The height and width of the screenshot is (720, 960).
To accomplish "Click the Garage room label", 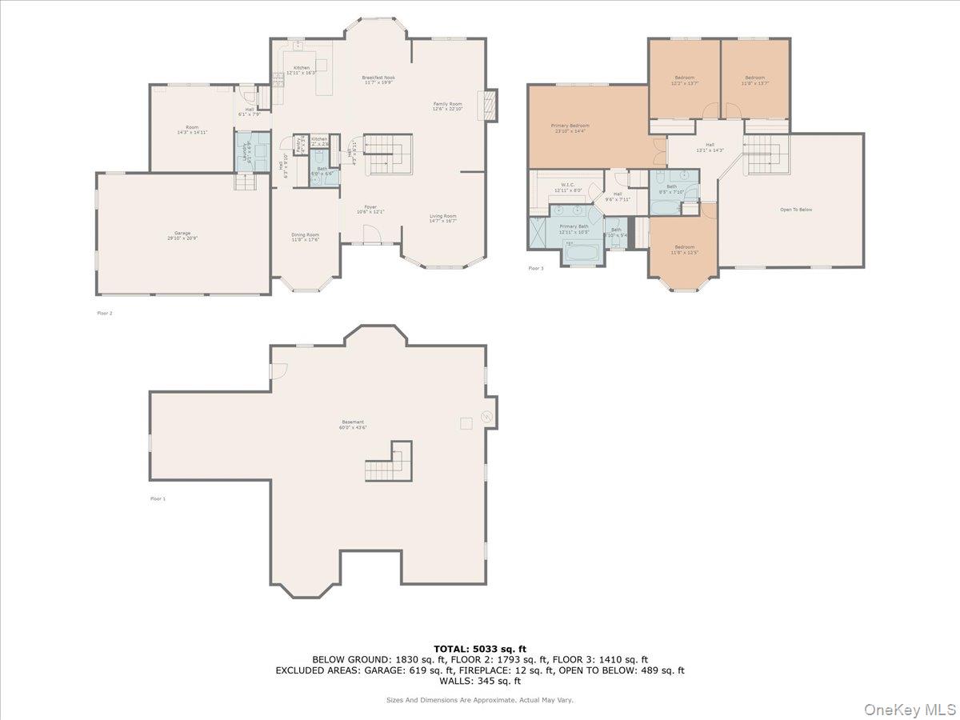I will tap(183, 235).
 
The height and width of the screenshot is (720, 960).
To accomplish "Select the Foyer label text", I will tap(370, 209).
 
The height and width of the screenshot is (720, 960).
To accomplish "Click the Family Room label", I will tap(447, 106).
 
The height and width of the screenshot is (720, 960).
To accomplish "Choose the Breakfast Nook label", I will tap(378, 79).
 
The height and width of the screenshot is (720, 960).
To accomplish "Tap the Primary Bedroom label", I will tap(570, 128).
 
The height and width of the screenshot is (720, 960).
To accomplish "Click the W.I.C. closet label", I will tap(569, 186).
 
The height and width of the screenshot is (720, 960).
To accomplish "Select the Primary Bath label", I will tap(574, 229).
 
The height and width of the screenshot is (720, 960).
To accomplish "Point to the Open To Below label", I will tap(796, 210).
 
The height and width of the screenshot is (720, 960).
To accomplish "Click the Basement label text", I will tap(353, 424).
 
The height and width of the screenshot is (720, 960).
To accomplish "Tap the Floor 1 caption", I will tap(158, 498).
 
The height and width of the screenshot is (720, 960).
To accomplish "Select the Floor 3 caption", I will tap(535, 268).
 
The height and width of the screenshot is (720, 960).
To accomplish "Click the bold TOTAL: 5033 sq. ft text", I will tap(480, 649).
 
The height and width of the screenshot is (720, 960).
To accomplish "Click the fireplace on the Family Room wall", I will tap(486, 104).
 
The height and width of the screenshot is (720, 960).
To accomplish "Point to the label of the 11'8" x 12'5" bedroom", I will tap(684, 250).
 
